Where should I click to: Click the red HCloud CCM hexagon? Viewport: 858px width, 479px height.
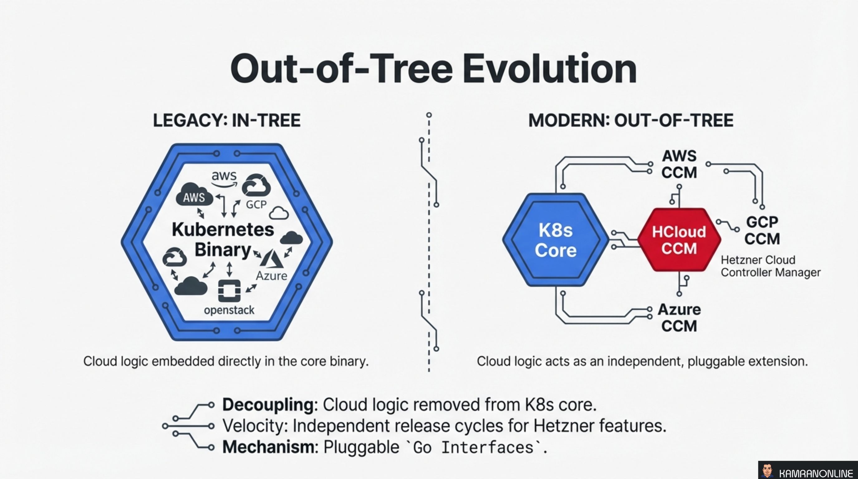[x=679, y=240]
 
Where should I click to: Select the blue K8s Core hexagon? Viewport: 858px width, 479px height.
[x=556, y=240]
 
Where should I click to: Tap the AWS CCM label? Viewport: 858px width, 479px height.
[x=679, y=164]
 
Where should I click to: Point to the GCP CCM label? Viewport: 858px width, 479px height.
[x=762, y=230]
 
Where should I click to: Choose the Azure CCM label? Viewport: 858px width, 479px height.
[x=679, y=318]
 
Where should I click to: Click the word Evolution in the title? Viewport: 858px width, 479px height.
[x=550, y=69]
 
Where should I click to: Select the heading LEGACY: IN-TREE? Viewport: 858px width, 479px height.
[x=226, y=121]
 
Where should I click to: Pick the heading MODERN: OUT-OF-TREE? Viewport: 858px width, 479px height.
[x=631, y=121]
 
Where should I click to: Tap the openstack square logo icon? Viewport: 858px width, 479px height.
[x=229, y=290]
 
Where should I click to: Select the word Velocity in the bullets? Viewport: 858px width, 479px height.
[x=255, y=426]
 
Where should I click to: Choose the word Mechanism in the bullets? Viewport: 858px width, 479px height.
[x=268, y=447]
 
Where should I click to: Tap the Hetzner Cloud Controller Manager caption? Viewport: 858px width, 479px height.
[x=770, y=266]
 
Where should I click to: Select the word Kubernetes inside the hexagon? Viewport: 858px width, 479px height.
[x=223, y=230]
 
